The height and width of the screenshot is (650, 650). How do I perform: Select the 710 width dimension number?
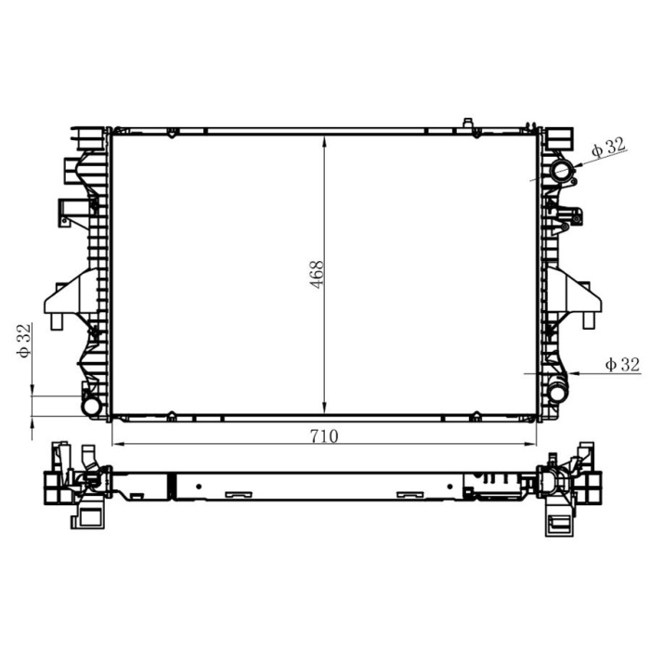(324, 435)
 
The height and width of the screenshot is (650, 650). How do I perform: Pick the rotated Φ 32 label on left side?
(25, 341)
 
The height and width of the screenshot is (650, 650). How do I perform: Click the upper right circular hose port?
(562, 171)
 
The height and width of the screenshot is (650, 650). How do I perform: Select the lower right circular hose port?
(556, 393)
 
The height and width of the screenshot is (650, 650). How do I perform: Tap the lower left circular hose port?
(92, 406)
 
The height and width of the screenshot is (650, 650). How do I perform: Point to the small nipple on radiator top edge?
(467, 123)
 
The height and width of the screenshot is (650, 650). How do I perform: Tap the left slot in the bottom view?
(235, 494)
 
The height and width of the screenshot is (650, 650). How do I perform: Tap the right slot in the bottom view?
(409, 494)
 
